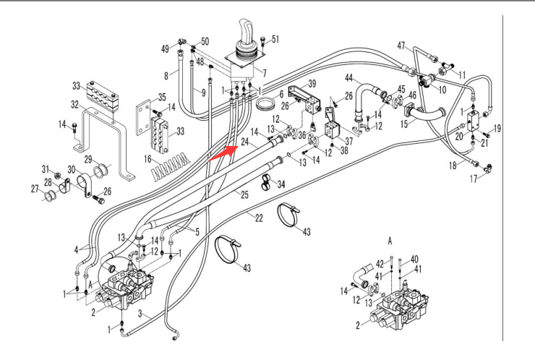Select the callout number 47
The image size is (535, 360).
(401, 45)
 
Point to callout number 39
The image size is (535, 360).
(313, 83)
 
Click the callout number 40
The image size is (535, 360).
(414, 259)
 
